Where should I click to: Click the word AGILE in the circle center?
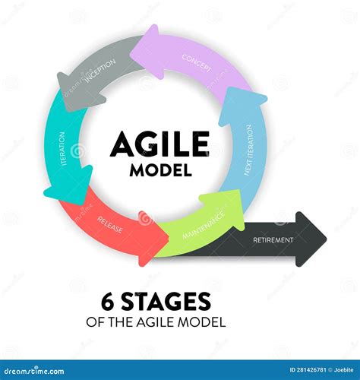click(x=159, y=143)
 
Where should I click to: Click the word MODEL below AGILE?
click(x=160, y=169)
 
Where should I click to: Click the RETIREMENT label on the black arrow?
click(x=273, y=240)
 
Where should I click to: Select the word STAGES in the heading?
click(x=161, y=301)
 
